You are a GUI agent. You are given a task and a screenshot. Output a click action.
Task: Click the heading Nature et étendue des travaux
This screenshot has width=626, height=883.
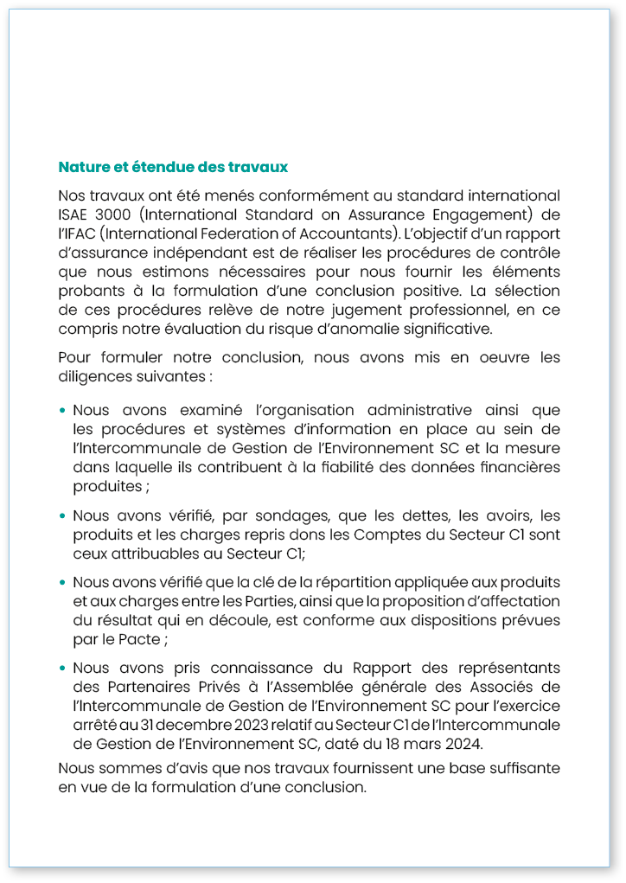tap(173, 166)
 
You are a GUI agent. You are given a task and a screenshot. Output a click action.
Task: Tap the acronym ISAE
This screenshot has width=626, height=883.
tap(75, 214)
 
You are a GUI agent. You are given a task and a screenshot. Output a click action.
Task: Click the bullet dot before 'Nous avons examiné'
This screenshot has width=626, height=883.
tap(63, 411)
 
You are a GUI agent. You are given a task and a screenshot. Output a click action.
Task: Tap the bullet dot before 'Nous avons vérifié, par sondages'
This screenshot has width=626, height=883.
tap(63, 517)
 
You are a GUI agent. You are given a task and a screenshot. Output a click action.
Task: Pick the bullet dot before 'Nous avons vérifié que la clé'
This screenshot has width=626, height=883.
tap(63, 582)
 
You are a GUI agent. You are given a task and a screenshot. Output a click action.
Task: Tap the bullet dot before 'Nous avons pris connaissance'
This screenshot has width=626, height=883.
tap(63, 669)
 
